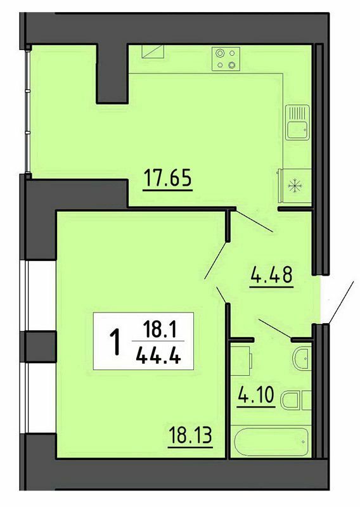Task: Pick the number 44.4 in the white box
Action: tap(155, 356)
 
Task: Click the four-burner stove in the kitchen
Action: tap(226, 59)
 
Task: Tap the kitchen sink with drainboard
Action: tap(296, 122)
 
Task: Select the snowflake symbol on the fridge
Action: tap(293, 186)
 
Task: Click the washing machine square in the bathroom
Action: tap(241, 361)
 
